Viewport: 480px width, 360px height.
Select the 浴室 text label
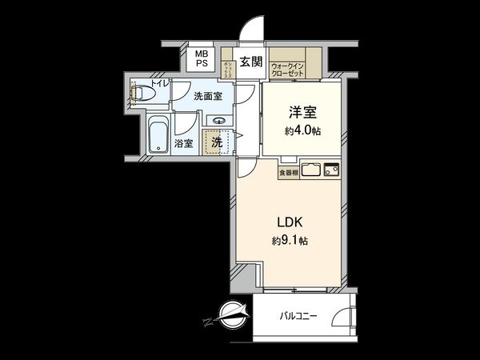pos(183,143)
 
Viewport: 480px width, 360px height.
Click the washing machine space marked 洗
pos(217,142)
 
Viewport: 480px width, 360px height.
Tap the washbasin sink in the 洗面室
pos(218,122)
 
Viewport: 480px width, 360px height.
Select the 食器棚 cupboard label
pos(288,171)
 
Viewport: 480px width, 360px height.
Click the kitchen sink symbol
pos(312,170)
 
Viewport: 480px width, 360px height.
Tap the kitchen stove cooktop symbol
pos(331,170)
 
